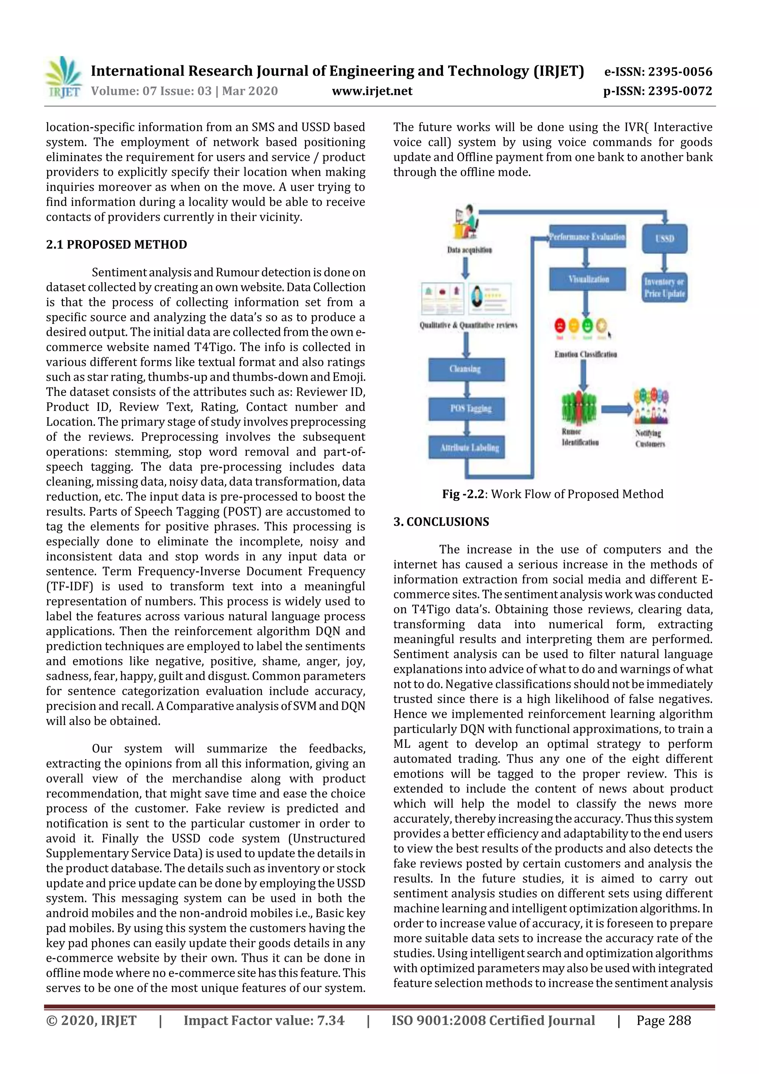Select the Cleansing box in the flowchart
(x=466, y=370)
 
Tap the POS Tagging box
(x=466, y=409)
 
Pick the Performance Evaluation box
(x=587, y=237)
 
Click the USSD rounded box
(x=664, y=238)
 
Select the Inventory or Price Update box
(x=664, y=288)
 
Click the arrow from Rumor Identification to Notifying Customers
(x=616, y=409)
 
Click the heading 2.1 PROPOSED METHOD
(x=116, y=245)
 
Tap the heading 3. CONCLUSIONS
(x=441, y=522)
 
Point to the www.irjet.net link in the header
(x=372, y=91)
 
